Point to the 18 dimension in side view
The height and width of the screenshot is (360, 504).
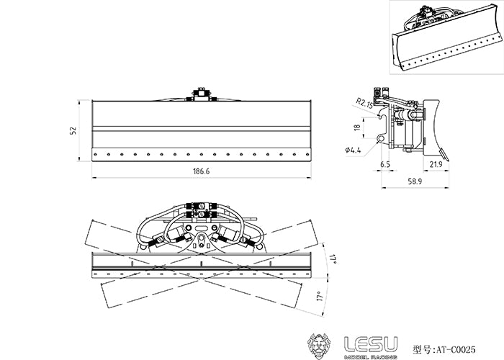point(356,127)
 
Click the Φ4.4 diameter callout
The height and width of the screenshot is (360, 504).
point(353,150)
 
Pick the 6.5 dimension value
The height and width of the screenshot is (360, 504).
point(385,165)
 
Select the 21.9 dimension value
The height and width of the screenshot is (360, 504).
point(436,165)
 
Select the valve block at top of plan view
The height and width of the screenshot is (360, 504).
point(201,210)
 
